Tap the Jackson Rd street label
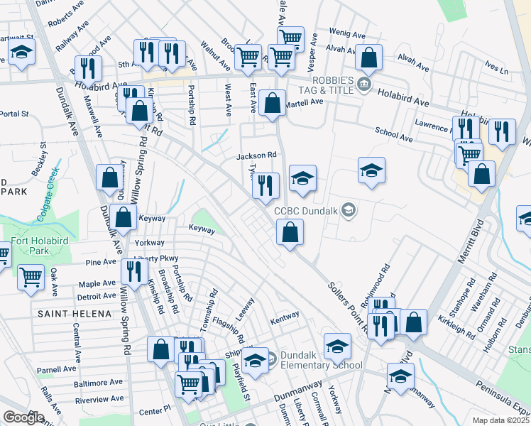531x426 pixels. tap(256, 155)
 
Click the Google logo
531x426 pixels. tap(24, 417)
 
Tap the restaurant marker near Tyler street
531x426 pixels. tap(265, 185)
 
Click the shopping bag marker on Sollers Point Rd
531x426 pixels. tap(290, 231)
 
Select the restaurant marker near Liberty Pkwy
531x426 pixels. tap(133, 271)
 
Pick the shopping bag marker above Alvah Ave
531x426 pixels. tap(369, 56)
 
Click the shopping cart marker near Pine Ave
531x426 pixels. tap(30, 277)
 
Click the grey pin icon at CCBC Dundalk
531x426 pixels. tap(348, 209)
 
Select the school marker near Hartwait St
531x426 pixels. tap(22, 53)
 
